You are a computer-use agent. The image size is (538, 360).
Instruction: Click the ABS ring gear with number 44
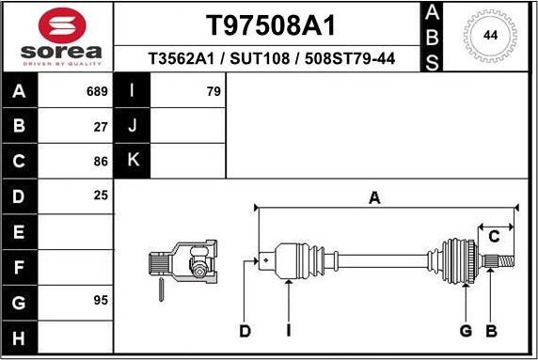pyautogui.click(x=490, y=36)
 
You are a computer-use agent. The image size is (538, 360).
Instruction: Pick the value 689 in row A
pyautogui.click(x=98, y=92)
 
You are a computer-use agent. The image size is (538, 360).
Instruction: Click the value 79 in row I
pyautogui.click(x=213, y=92)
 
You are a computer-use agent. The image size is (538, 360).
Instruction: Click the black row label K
pyautogui.click(x=133, y=161)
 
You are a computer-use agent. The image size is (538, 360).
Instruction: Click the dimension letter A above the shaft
pyautogui.click(x=374, y=197)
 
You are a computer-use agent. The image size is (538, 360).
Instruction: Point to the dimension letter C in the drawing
pyautogui.click(x=493, y=237)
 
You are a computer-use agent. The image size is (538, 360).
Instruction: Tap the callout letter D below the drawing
pyautogui.click(x=245, y=330)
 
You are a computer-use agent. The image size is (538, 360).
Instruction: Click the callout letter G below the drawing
pyautogui.click(x=466, y=330)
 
